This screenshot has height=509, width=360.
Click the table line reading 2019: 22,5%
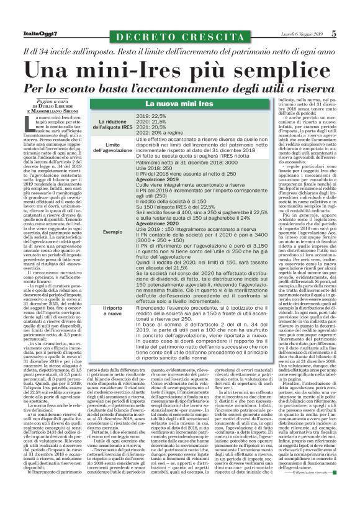tap(151, 116)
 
